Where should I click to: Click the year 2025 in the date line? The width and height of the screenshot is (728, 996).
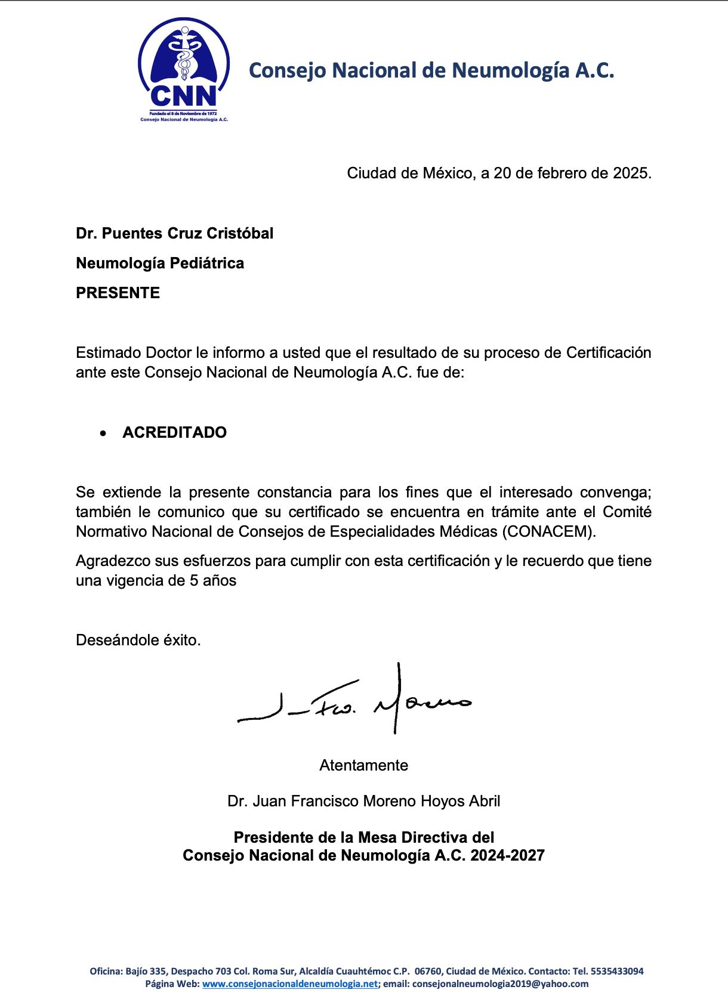click(x=631, y=173)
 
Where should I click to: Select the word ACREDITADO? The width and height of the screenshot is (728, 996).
click(x=174, y=432)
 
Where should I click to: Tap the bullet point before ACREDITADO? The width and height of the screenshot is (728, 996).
click(x=104, y=433)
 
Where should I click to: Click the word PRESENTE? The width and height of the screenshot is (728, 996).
click(x=118, y=293)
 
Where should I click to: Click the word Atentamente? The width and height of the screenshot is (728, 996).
click(x=363, y=765)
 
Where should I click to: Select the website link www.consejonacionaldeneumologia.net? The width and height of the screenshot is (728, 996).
click(x=289, y=983)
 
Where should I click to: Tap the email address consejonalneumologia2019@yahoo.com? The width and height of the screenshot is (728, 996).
click(x=500, y=983)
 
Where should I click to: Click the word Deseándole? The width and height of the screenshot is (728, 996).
click(x=118, y=640)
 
